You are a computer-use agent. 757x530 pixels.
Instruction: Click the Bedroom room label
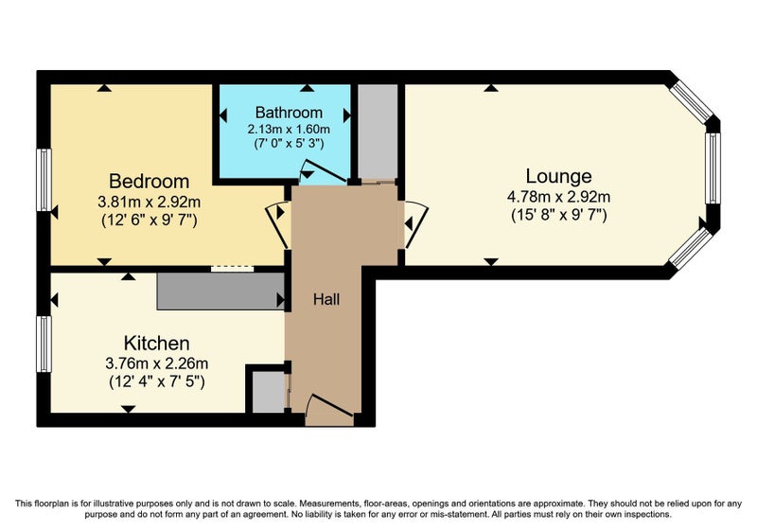point(149,182)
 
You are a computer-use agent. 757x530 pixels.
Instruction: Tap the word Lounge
point(558,176)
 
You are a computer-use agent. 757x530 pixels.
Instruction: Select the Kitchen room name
point(156,344)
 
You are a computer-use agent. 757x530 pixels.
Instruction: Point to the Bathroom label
point(289,113)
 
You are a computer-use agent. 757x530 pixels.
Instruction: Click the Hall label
point(326,299)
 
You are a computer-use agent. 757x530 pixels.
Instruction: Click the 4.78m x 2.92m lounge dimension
point(558,197)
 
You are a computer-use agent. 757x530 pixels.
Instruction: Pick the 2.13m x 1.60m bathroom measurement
point(289,130)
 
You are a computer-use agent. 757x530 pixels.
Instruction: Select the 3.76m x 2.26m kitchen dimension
point(157,363)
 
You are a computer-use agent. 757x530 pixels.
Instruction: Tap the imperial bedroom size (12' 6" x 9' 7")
point(150,221)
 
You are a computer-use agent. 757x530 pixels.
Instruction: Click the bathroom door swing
point(323,172)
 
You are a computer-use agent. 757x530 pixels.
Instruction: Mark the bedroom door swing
point(279,225)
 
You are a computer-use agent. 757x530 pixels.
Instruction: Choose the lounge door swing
point(415,224)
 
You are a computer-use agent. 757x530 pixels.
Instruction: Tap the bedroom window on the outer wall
point(44,180)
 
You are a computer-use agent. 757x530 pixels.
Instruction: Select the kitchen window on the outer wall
point(44,344)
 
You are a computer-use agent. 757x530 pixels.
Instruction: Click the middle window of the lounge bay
point(713,168)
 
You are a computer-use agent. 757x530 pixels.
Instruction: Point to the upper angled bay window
point(693,100)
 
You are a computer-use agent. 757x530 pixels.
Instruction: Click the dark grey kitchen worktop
point(220,291)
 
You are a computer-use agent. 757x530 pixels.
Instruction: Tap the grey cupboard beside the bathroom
point(378,132)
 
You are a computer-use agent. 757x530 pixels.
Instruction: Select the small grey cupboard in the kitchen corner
point(269,392)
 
